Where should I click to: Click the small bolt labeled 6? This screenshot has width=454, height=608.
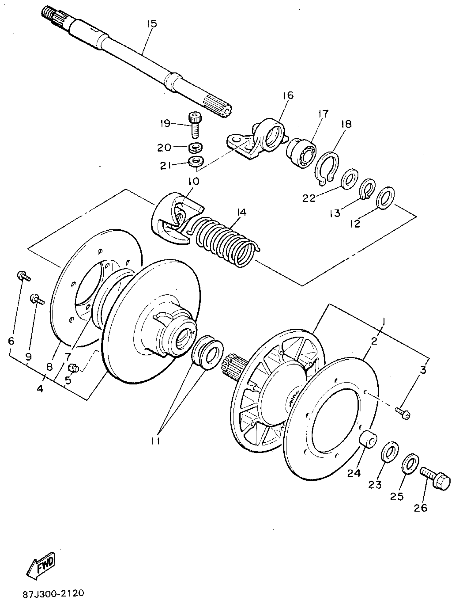point(24,276)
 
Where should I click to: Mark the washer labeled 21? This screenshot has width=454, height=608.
point(196,161)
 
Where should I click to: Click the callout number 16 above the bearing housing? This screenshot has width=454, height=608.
point(287,95)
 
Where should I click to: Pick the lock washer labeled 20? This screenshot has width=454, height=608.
point(195,148)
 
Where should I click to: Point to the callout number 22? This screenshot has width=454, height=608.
point(309,198)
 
